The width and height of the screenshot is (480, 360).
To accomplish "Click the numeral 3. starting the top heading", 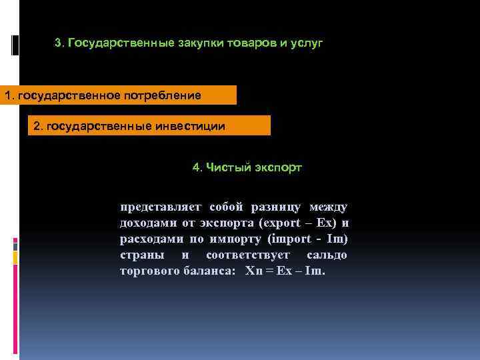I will pos(59,43).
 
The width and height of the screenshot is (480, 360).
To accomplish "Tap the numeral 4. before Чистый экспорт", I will pos(197,167).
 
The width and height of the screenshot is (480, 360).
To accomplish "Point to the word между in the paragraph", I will pos(328,207).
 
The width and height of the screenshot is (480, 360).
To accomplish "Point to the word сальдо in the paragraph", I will pos(327,255).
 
